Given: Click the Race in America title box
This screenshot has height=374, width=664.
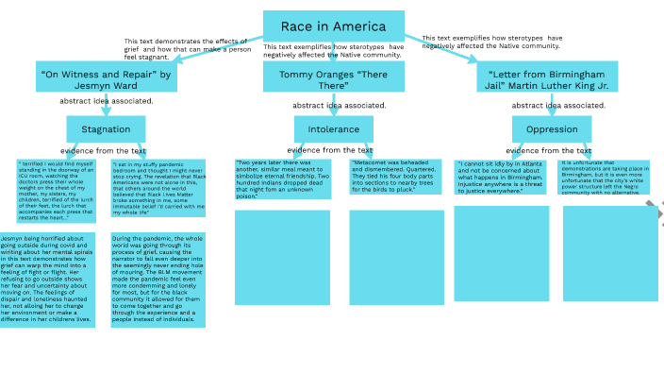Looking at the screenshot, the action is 334,26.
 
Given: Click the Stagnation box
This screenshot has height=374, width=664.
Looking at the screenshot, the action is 106,129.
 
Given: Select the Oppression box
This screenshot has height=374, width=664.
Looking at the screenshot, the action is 552,129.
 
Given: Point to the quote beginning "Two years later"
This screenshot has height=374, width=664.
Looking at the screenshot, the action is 283,178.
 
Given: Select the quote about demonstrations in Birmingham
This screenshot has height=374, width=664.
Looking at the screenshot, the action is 606,177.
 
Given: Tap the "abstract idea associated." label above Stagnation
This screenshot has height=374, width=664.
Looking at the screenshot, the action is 106,100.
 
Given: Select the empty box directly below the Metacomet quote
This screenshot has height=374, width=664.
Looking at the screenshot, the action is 396,257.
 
